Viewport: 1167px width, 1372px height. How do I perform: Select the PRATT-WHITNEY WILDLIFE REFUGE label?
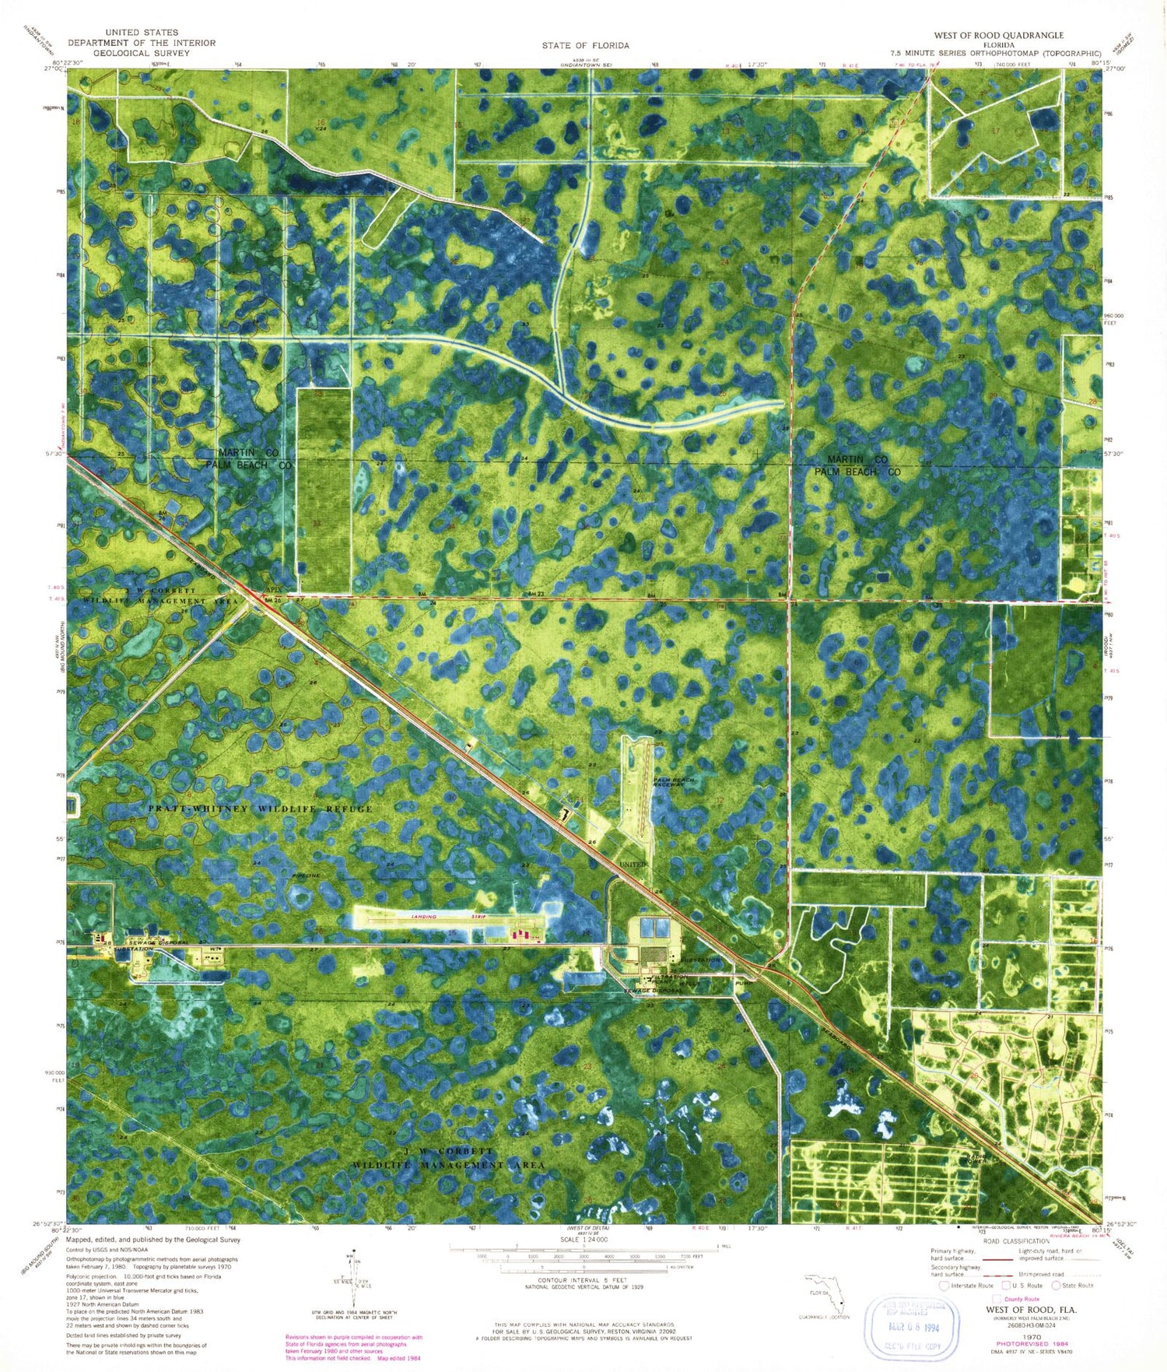coord(260,809)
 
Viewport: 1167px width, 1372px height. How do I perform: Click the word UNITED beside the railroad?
coord(632,865)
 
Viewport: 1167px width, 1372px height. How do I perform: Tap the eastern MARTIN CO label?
coord(857,460)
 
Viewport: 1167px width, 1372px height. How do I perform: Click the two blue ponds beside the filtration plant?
coord(652,928)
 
